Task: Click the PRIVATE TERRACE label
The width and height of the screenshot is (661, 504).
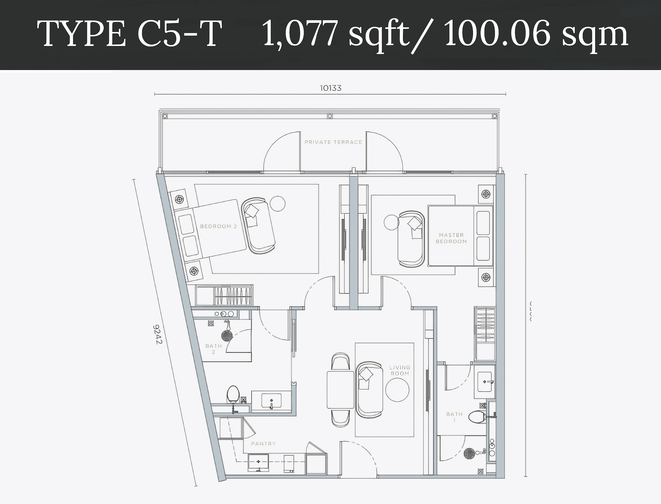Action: click(x=333, y=142)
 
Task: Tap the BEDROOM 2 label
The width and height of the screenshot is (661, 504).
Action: click(x=218, y=226)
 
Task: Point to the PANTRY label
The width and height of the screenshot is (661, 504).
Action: click(x=263, y=443)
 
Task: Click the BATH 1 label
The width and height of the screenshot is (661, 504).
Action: click(x=454, y=417)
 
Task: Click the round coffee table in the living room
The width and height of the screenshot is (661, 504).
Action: click(x=397, y=390)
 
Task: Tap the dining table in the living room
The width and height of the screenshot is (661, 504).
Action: click(x=340, y=390)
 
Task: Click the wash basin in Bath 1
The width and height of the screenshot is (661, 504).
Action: click(x=484, y=382)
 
